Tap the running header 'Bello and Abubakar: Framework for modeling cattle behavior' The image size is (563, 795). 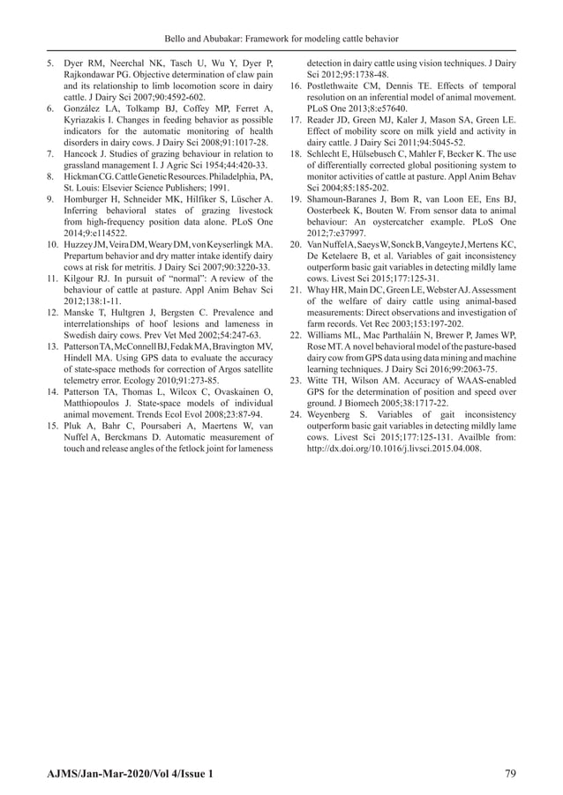click(x=281, y=39)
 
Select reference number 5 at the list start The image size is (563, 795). click(x=52, y=64)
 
